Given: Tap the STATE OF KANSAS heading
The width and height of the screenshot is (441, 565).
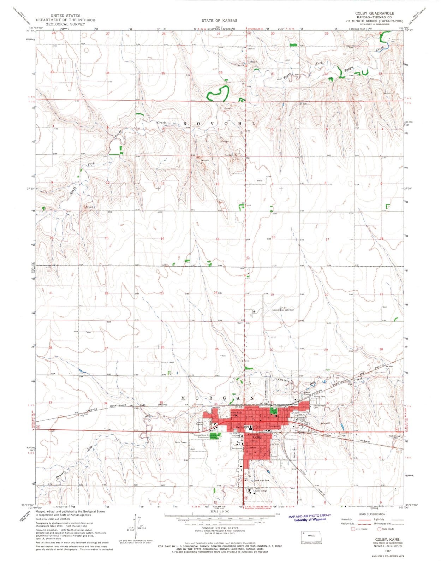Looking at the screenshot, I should coord(219,21).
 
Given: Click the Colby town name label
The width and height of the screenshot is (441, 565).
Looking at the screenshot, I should coord(258,437).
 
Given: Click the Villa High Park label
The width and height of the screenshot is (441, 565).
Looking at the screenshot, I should coord(262,481).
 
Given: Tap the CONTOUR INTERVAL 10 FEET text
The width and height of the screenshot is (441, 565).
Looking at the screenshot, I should coord(219,528).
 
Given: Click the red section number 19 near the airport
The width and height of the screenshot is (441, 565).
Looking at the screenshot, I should coord(272,295).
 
